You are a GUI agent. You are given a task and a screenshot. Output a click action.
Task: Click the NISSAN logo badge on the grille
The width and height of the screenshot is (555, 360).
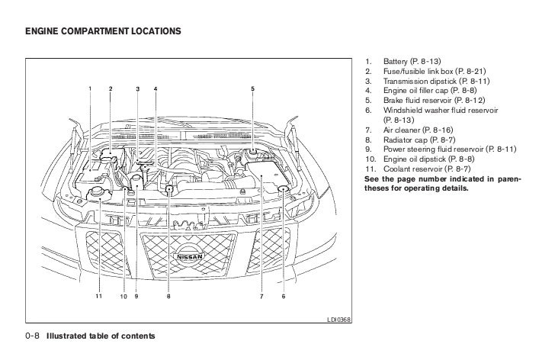click(x=195, y=257)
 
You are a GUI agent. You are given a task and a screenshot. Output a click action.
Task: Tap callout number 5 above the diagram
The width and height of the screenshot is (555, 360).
click(x=252, y=89)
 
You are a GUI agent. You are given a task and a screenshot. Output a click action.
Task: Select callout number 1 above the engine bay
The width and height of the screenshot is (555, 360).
click(x=90, y=89)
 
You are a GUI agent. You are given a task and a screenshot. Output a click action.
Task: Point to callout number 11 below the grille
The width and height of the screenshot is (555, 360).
click(x=98, y=296)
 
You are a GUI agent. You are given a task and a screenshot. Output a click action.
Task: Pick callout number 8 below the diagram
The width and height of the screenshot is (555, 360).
click(x=168, y=296)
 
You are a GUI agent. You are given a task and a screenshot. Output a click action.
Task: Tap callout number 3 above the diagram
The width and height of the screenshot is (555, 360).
click(x=138, y=89)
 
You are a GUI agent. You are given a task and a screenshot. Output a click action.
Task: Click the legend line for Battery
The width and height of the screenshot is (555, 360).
click(x=412, y=60)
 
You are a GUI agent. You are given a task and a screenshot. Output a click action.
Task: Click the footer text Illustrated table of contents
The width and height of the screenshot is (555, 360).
click(x=101, y=336)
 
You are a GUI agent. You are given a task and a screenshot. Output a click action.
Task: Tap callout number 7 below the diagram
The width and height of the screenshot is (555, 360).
click(x=261, y=296)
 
